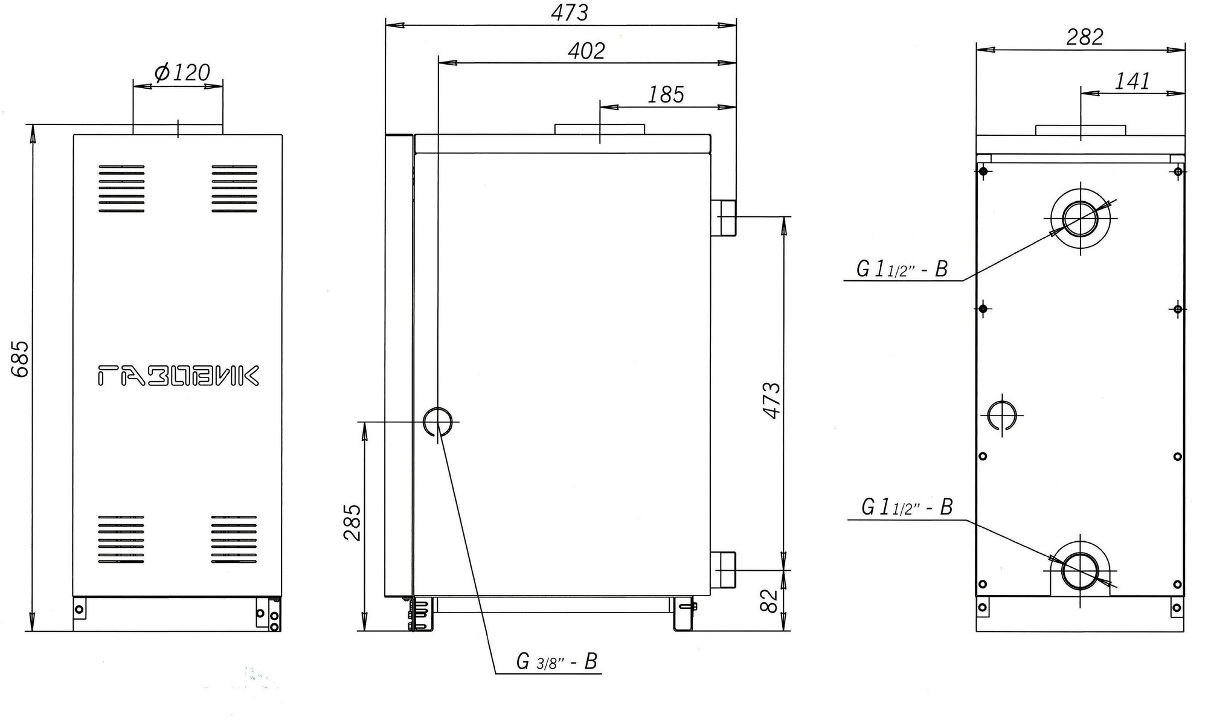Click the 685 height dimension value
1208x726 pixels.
tap(20, 359)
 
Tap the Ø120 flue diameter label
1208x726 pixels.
tap(182, 73)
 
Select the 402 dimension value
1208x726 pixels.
tap(585, 51)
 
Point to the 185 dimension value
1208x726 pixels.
tap(666, 95)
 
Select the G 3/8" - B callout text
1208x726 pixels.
tap(556, 661)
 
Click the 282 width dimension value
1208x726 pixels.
tap(1084, 37)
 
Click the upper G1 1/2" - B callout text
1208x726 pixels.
tap(902, 269)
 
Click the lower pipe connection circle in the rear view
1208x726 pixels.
tap(1081, 571)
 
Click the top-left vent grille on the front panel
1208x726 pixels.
tap(121, 189)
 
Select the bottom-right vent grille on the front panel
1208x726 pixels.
tap(234, 539)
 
